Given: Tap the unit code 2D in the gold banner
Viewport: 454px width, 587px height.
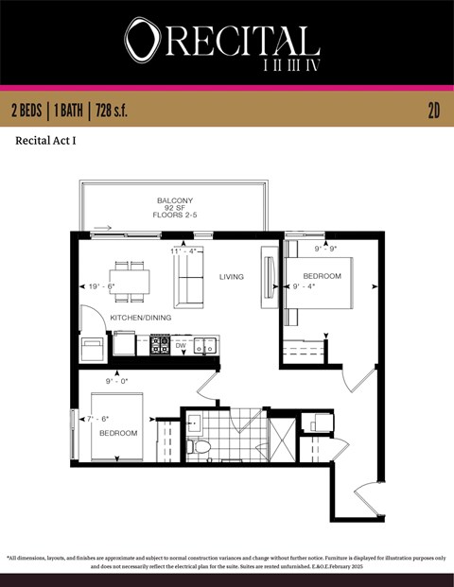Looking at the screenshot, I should point(434,111).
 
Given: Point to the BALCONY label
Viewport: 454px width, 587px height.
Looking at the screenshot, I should point(175,200).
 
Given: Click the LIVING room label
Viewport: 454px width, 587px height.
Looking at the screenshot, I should point(231,277).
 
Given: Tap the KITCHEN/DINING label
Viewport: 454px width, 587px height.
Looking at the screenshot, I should point(141,318).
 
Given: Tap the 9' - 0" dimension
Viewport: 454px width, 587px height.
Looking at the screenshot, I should point(117,380).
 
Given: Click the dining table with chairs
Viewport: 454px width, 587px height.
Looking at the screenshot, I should point(131,281).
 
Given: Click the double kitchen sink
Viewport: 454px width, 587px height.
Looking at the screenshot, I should point(206,346).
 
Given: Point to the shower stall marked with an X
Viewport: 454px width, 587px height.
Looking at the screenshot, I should point(281,440).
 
